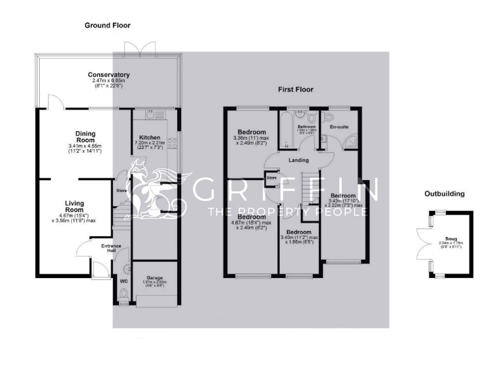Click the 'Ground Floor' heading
click(107, 25)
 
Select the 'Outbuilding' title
click(444, 194)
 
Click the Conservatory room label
click(109, 75)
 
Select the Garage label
click(155, 277)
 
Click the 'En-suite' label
click(340, 127)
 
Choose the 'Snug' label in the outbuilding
click(448, 239)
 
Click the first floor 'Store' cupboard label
click(272, 177)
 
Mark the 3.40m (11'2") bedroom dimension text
click(298, 238)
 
